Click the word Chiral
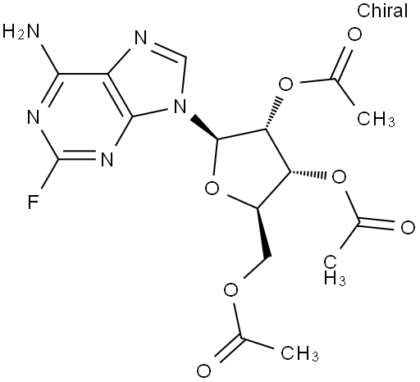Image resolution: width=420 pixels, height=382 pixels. coord(382,11)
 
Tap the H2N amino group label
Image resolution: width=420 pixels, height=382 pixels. coord(21,31)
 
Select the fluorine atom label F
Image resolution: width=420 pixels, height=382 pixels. coord(33,202)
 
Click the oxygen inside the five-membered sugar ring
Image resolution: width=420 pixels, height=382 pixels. coord(212,189)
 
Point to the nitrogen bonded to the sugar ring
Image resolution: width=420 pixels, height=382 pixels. coord(180,107)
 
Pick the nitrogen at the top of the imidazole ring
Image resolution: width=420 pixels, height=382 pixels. coord(141,39)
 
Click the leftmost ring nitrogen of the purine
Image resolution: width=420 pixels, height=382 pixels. coord(34,117)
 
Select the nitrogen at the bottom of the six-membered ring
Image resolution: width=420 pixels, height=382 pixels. coord(107,160)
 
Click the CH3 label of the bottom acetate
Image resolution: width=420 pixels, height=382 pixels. coord(299,354)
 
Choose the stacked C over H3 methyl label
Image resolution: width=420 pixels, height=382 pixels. coord(335,271)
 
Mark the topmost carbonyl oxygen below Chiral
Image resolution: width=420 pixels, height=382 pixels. coord(354,34)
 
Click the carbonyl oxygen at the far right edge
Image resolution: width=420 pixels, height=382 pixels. coord(408,227)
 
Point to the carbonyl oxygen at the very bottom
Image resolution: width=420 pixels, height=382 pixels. coord(203,371)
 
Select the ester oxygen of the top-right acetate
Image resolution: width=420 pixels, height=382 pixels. coord(285,84)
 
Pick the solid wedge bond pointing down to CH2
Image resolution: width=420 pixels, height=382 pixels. coord(263,233)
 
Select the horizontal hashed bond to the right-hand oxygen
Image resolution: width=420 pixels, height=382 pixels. coord(308,175)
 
